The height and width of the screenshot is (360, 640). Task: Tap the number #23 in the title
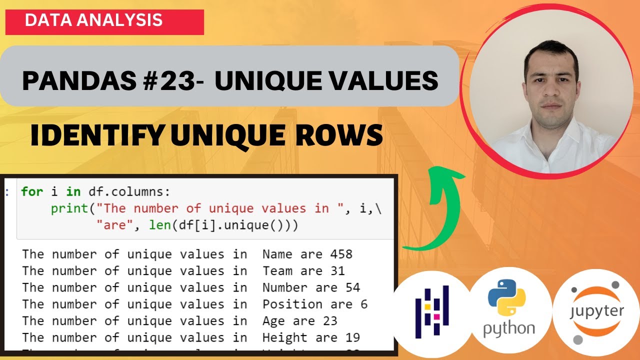(x=175, y=81)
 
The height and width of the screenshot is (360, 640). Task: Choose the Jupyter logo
(x=596, y=312)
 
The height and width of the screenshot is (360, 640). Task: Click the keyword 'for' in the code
(x=32, y=191)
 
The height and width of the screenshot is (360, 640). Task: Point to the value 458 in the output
(x=341, y=254)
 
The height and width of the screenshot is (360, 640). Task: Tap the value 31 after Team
(x=337, y=270)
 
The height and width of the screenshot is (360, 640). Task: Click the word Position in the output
(x=292, y=304)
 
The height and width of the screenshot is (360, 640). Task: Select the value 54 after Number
(x=352, y=287)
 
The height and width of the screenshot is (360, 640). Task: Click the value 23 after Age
(x=330, y=320)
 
